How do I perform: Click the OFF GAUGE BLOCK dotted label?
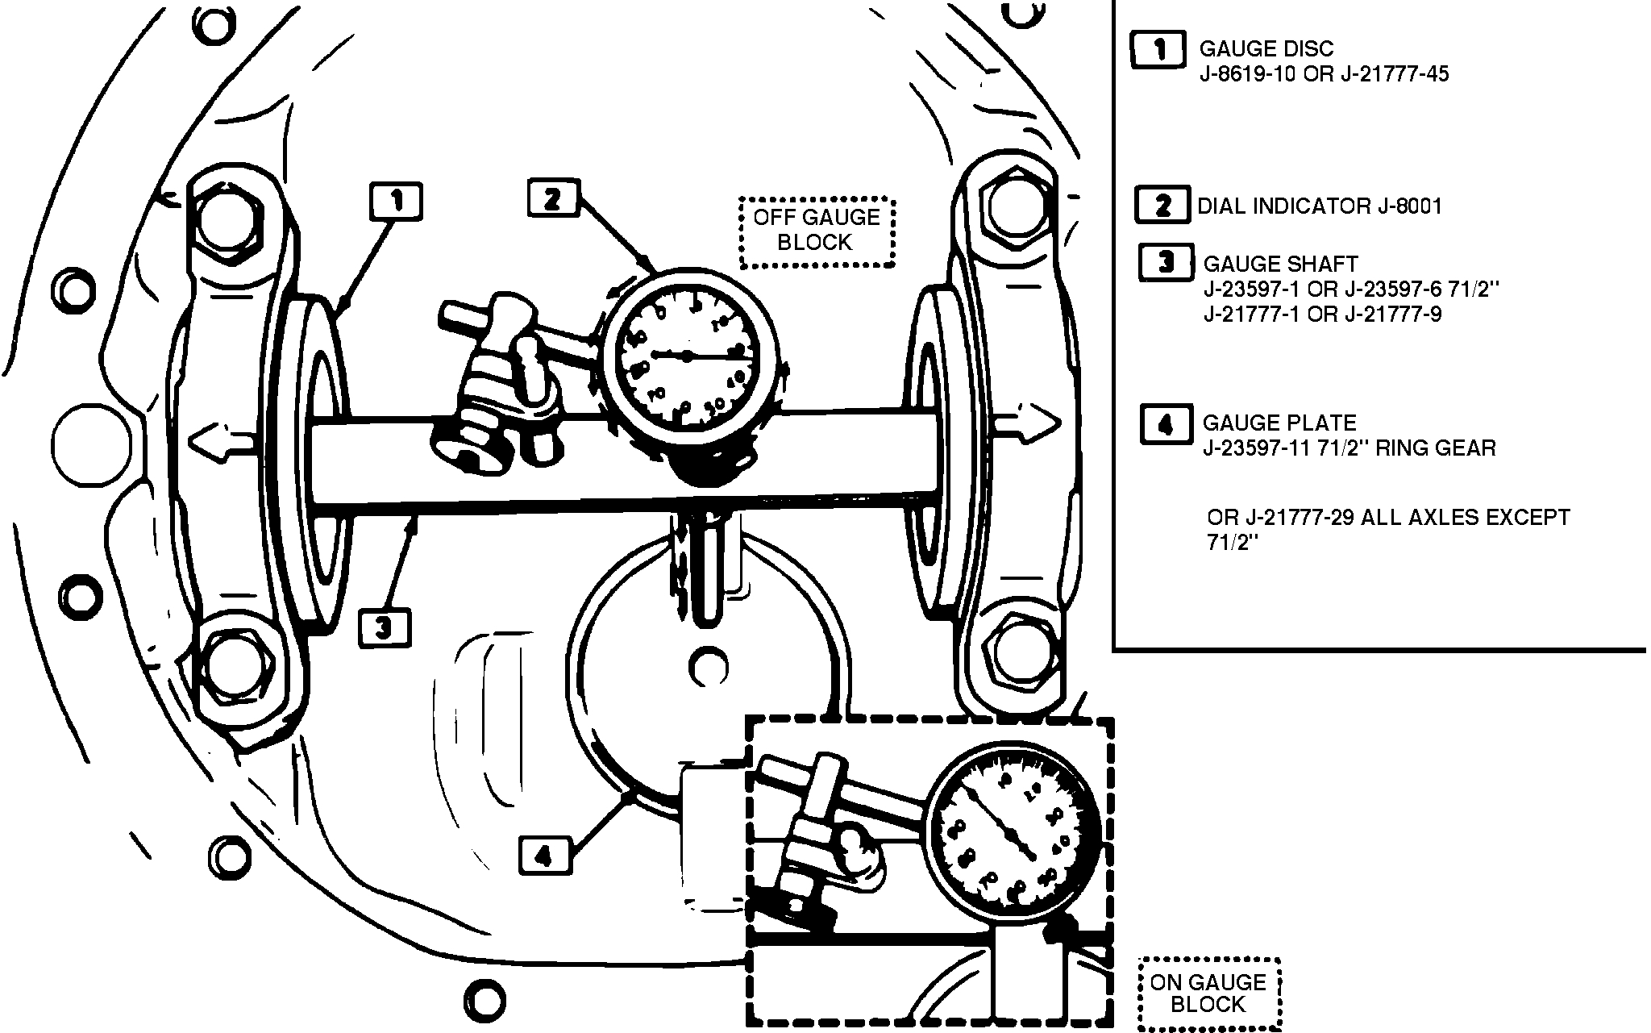click(x=817, y=231)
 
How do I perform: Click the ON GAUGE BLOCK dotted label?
click(x=1208, y=993)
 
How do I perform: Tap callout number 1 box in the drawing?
click(x=396, y=201)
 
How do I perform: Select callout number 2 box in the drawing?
click(x=552, y=198)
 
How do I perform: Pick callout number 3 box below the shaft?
click(x=385, y=627)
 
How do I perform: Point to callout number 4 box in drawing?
click(x=545, y=856)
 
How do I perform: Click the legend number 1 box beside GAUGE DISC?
click(x=1158, y=50)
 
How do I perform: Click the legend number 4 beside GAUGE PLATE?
click(x=1165, y=424)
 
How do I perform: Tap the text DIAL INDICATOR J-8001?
click(x=1320, y=206)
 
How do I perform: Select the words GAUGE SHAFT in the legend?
click(x=1280, y=264)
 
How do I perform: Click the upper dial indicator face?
click(x=686, y=356)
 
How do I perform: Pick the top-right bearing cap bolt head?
click(x=1013, y=207)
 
